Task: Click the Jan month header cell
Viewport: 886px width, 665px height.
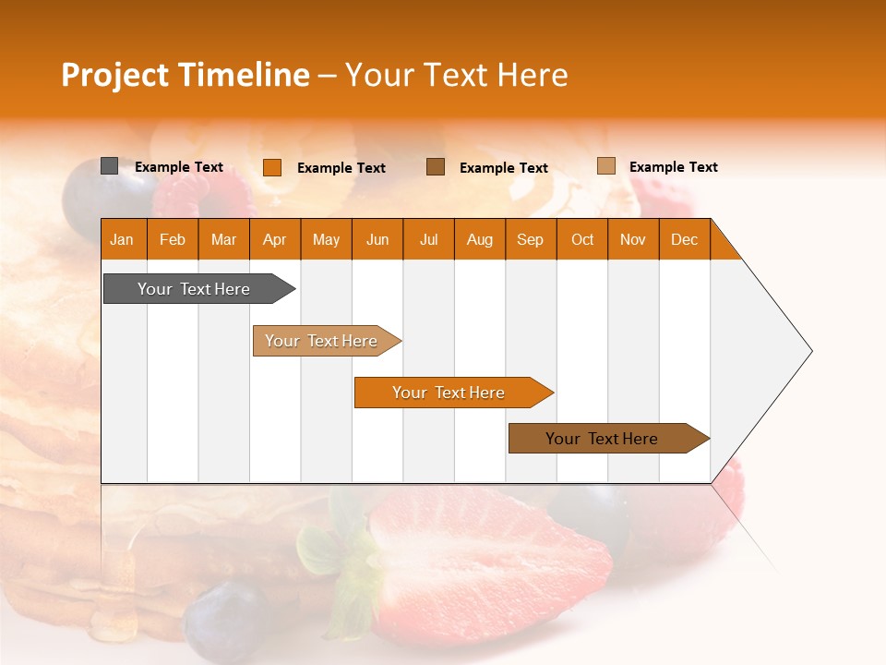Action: coord(123,239)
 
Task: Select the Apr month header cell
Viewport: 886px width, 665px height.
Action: coord(275,239)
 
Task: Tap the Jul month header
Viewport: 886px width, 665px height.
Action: coord(429,239)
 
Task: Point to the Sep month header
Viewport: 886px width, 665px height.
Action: coord(531,239)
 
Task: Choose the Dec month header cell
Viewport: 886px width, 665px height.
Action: coord(685,239)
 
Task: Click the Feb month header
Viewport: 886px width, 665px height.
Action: coord(173,239)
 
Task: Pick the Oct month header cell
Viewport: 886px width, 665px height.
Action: coord(582,239)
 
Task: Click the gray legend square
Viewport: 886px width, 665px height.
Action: coord(109,166)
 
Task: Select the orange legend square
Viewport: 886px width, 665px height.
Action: coord(271,167)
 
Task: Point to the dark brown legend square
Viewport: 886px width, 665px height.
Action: coord(436,167)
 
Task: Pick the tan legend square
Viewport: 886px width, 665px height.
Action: coord(605,166)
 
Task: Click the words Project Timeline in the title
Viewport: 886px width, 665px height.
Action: coord(186,75)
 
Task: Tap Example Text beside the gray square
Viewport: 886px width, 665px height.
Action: coord(179,167)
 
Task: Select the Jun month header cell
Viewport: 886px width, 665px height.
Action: coord(377,239)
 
